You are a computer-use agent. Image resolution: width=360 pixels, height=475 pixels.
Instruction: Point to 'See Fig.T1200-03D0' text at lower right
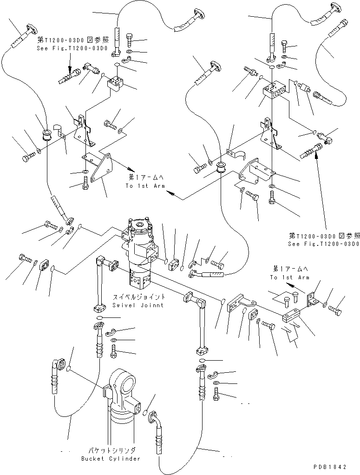click(x=323, y=244)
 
